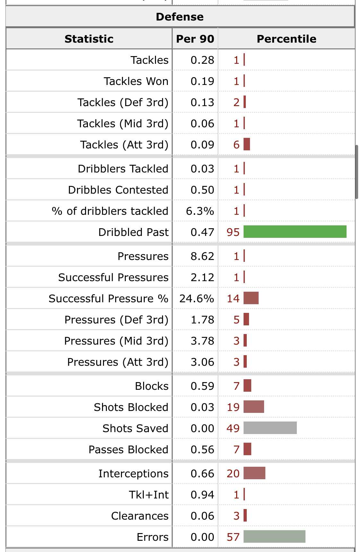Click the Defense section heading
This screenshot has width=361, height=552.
[x=180, y=17]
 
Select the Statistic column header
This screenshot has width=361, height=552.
[x=89, y=39]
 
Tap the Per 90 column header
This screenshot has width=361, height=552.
[x=195, y=39]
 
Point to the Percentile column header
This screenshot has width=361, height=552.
[x=286, y=39]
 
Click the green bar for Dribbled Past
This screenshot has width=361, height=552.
[x=295, y=232]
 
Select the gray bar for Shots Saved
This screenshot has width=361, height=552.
[x=270, y=428]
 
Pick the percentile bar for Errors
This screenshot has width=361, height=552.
[x=274, y=537]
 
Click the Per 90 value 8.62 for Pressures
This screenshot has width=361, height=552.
[x=202, y=256]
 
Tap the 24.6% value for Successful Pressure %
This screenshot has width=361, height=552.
[x=197, y=298]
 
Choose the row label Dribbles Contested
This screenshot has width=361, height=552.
[x=118, y=190]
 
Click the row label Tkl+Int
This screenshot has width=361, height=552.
[x=149, y=495]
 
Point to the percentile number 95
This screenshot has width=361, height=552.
[x=233, y=232]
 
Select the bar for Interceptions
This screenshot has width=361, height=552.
[x=254, y=473]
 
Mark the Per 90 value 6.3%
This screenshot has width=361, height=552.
[x=200, y=211]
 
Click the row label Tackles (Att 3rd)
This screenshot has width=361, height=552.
[x=124, y=145]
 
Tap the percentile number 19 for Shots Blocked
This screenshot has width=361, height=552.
[x=233, y=407]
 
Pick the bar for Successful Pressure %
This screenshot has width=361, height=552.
[x=251, y=298]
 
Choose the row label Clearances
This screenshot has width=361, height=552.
[x=140, y=516]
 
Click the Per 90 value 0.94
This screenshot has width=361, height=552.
[x=202, y=495]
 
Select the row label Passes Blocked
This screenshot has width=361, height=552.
[x=128, y=449]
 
